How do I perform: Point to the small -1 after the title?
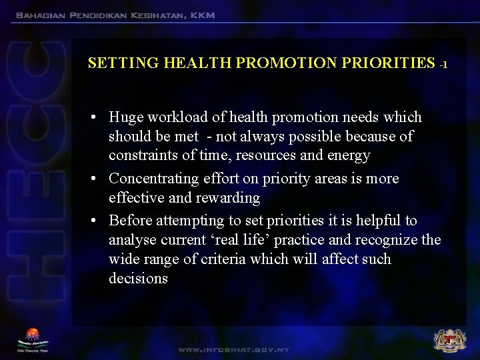pyautogui.click(x=443, y=65)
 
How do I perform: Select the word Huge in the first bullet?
pyautogui.click(x=126, y=117)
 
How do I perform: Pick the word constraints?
pyautogui.click(x=143, y=156)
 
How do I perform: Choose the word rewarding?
pyautogui.click(x=227, y=198)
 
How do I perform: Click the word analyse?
pyautogui.click(x=133, y=239)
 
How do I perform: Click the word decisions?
pyautogui.click(x=138, y=278)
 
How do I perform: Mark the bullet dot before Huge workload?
pyautogui.click(x=96, y=118)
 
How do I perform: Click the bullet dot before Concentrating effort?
pyautogui.click(x=96, y=179)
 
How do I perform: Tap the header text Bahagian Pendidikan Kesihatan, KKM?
pyautogui.click(x=115, y=15)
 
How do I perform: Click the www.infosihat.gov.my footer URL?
pyautogui.click(x=233, y=349)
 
